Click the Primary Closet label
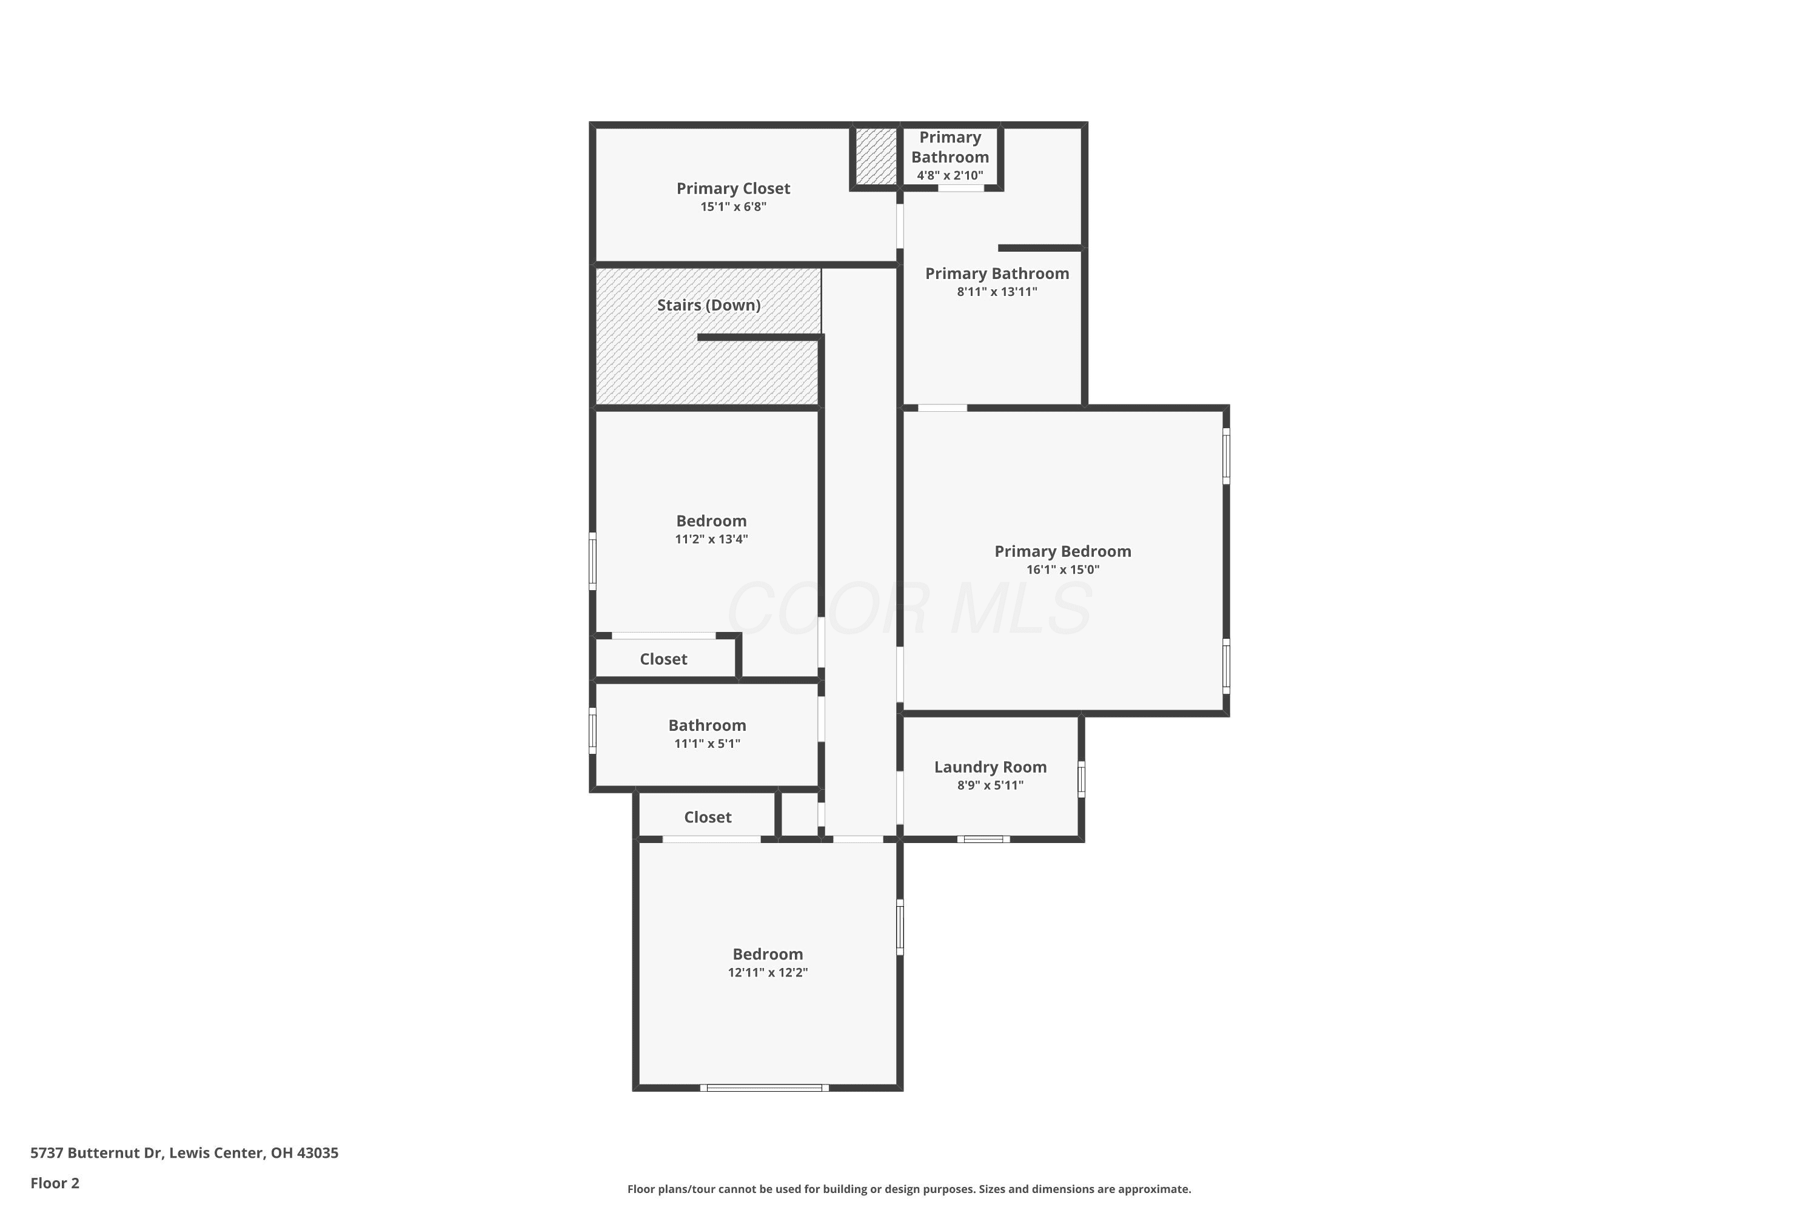click(x=733, y=189)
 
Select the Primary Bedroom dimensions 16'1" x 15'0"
click(x=1063, y=570)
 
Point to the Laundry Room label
click(x=990, y=767)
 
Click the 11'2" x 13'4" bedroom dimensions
click(x=711, y=539)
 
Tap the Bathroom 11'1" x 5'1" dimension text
click(x=707, y=744)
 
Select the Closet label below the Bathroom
click(x=708, y=818)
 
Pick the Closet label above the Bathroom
click(x=663, y=660)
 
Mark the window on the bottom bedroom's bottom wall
click(x=764, y=1087)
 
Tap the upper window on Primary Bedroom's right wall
click(x=1226, y=457)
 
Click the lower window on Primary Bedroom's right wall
click(x=1226, y=666)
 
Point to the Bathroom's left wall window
click(x=592, y=730)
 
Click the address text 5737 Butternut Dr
click(x=96, y=1153)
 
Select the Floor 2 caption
click(x=55, y=1183)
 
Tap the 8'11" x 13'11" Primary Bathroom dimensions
click(x=997, y=292)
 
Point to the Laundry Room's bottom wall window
click(x=983, y=839)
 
